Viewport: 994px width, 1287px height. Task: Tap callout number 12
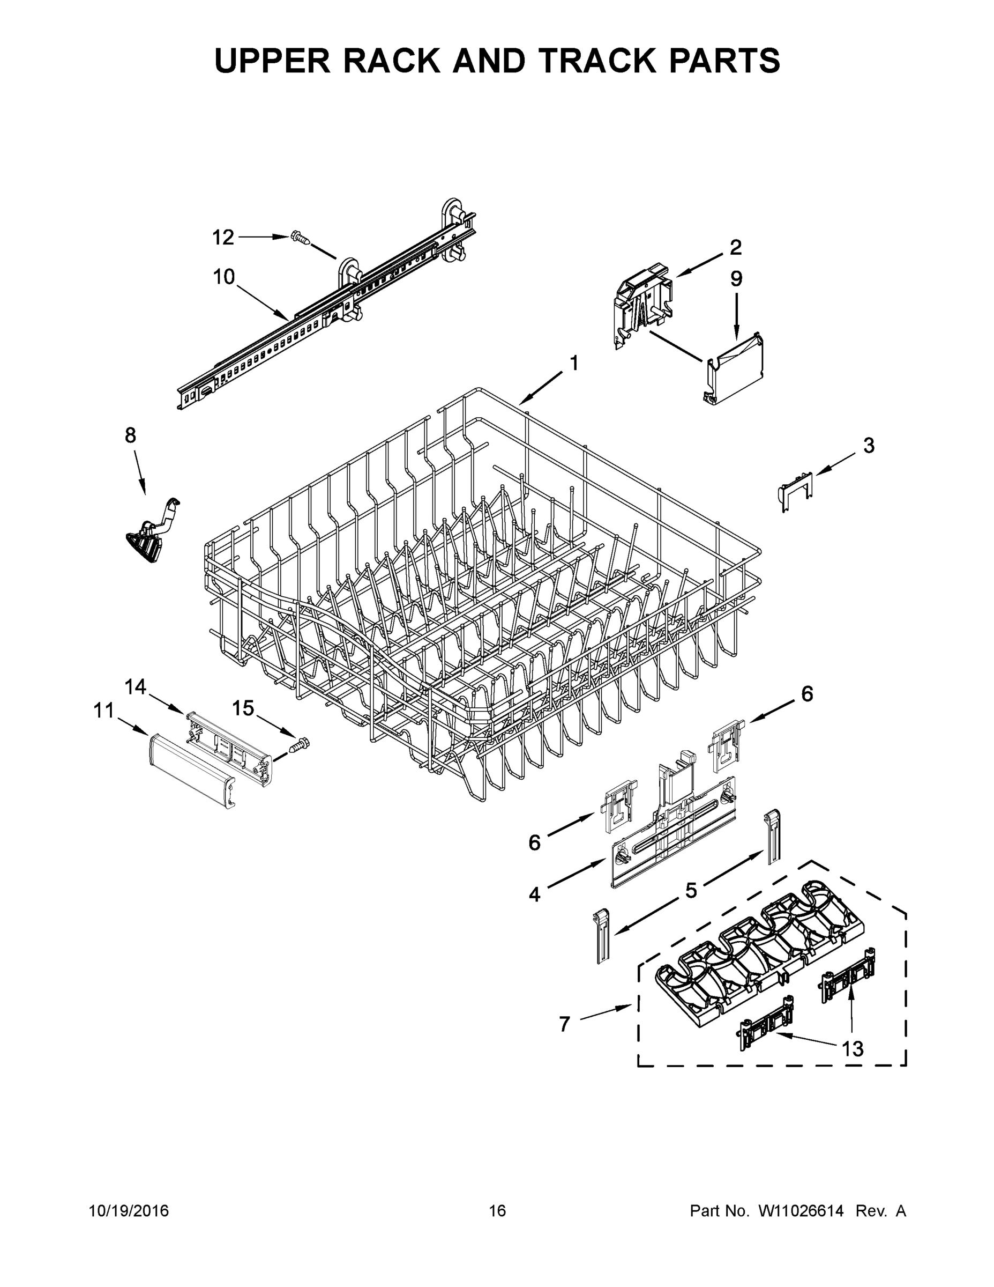[x=223, y=238]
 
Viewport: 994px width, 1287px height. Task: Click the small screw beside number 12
[x=300, y=239]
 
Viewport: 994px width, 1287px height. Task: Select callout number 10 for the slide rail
[x=224, y=276]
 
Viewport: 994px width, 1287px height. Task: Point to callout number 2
[x=736, y=248]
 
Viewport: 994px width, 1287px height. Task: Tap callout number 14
[x=136, y=686]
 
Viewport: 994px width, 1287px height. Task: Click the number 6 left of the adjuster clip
[x=534, y=844]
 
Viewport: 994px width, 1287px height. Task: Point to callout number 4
[x=534, y=895]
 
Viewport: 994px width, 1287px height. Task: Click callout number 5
[x=691, y=890]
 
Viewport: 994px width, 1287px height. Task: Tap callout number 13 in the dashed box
[x=852, y=1049]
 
